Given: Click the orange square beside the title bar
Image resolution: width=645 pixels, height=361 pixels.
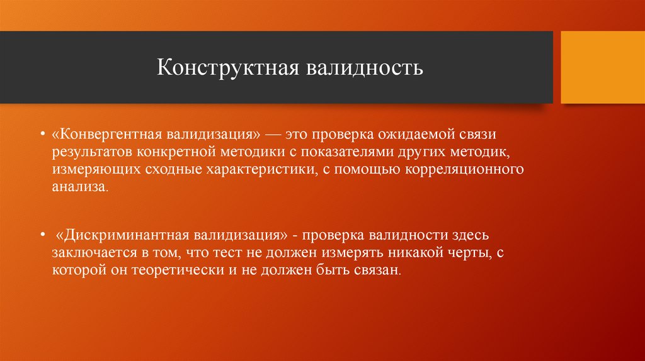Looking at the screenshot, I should point(602,67).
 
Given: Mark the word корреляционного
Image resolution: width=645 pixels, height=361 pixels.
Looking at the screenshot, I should point(472,170).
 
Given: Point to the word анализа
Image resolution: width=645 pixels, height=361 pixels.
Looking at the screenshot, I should point(74,187).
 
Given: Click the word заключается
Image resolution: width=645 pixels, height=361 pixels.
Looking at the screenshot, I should point(89,253).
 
